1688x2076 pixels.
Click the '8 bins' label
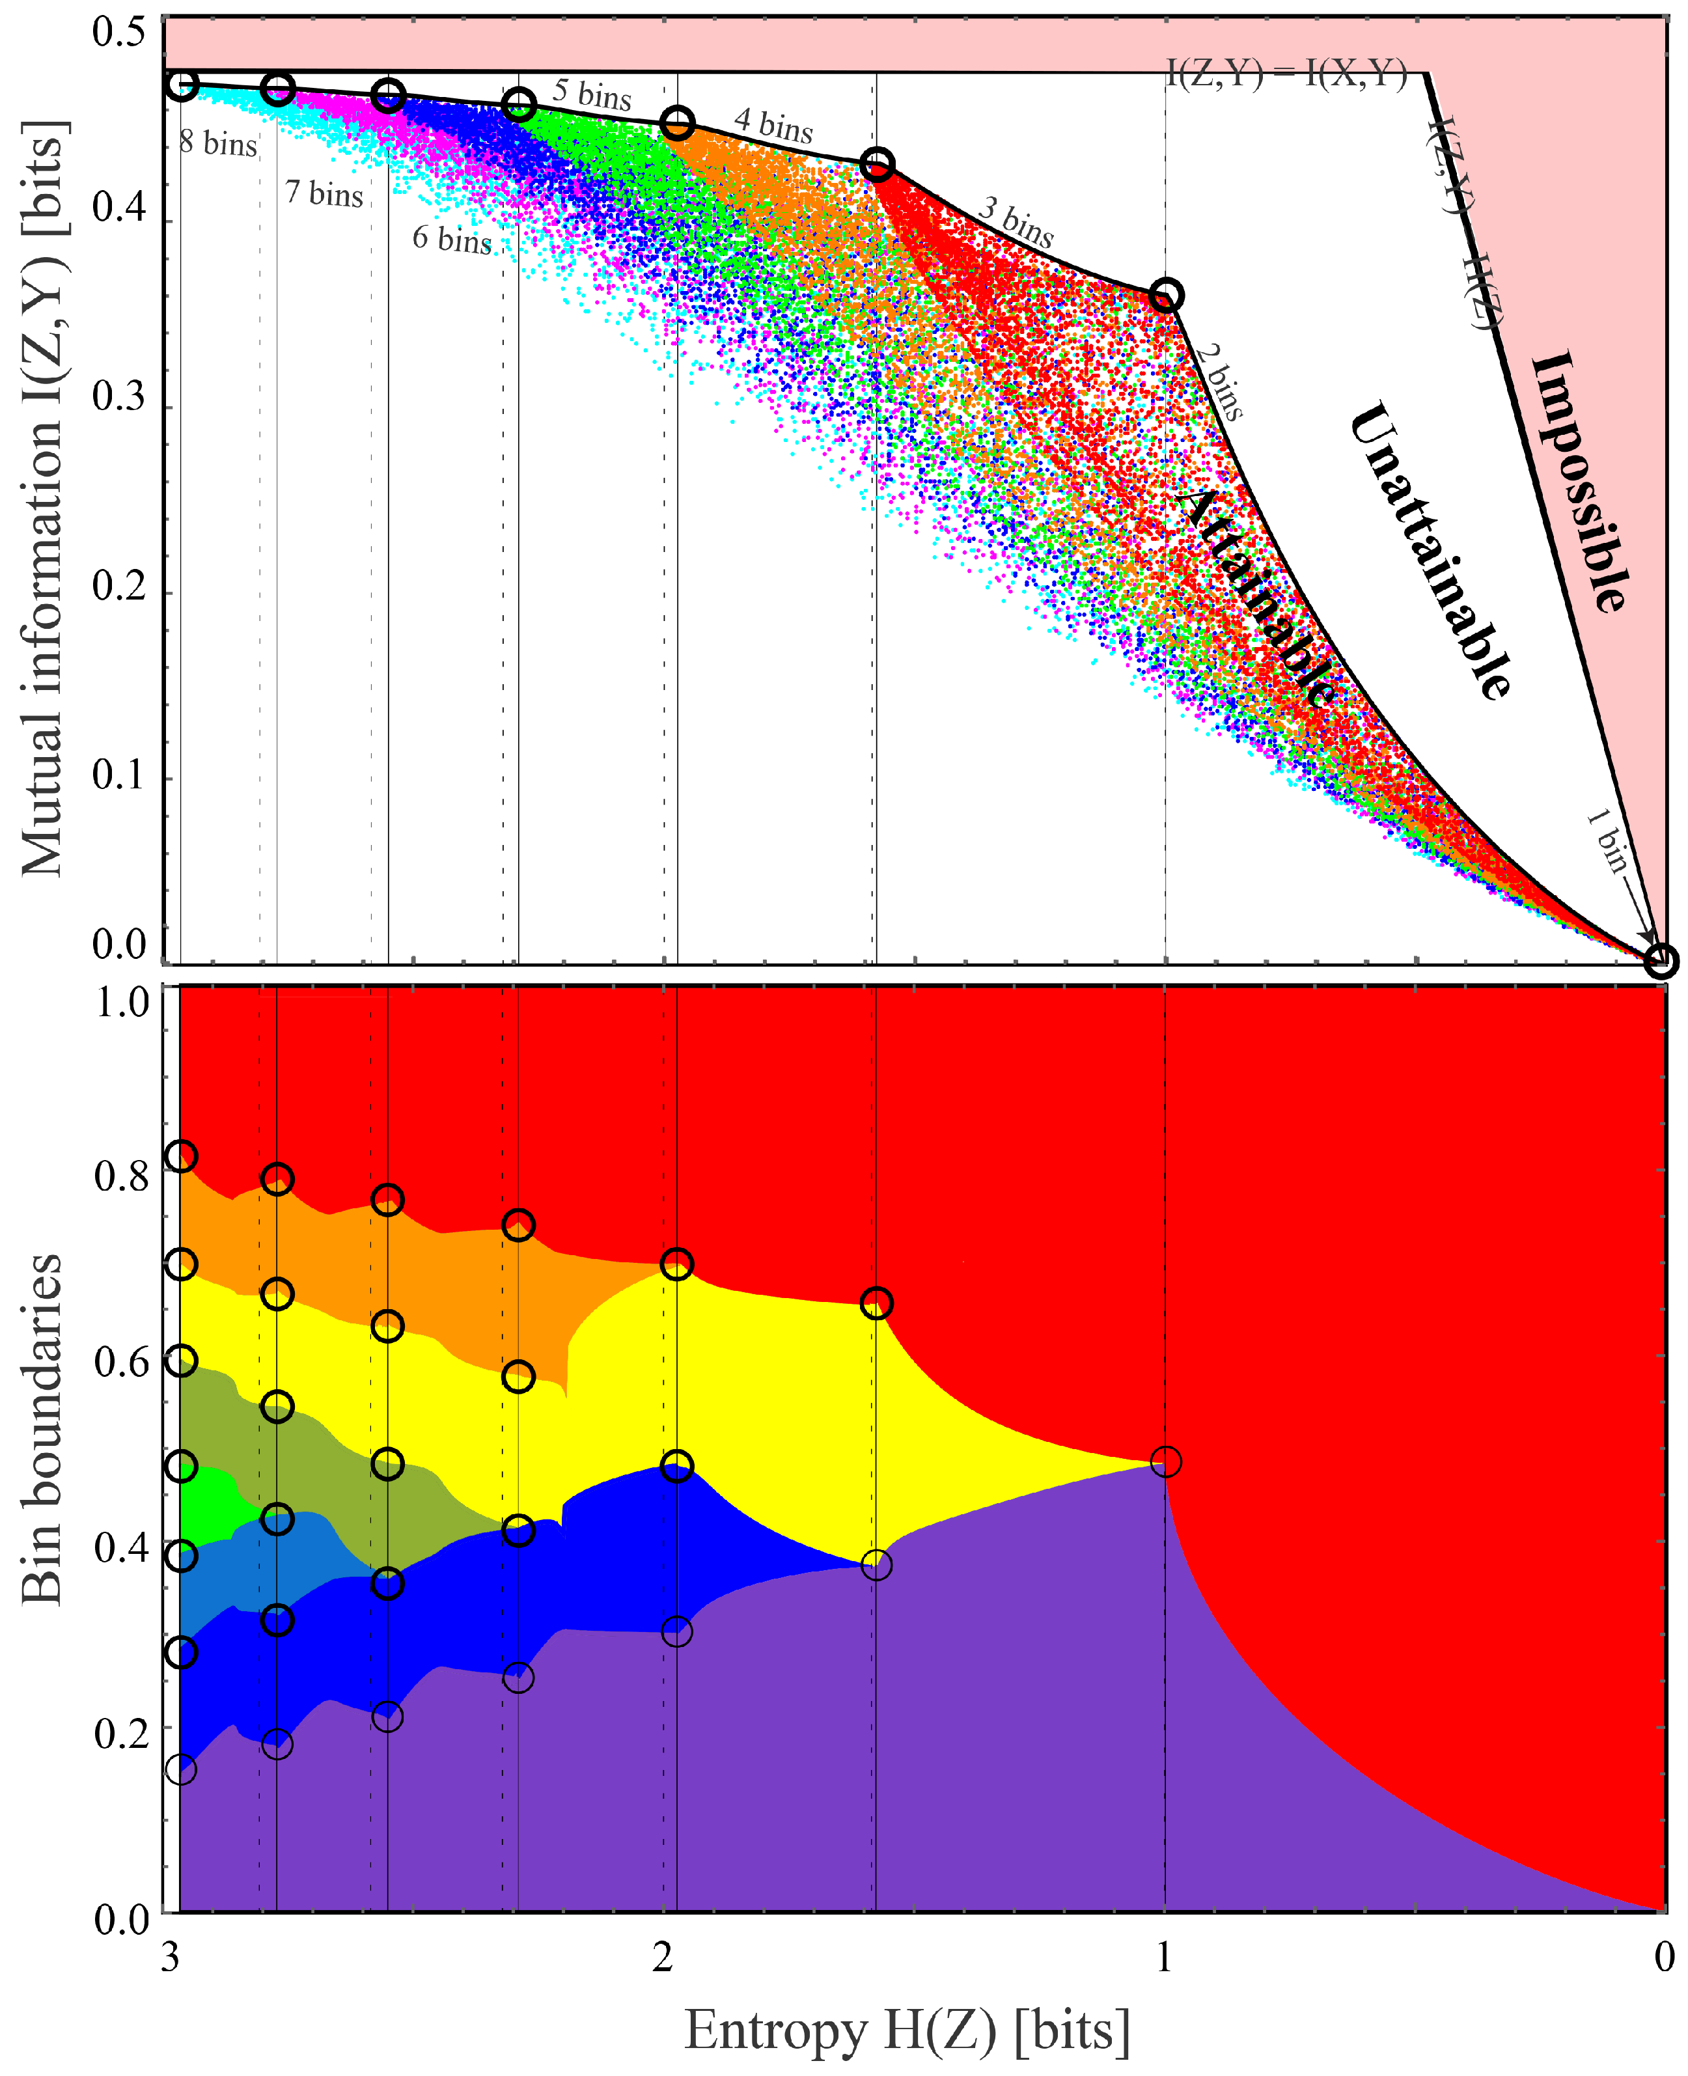tap(218, 144)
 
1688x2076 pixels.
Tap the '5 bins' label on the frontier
tap(592, 94)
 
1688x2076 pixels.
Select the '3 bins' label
tap(1016, 222)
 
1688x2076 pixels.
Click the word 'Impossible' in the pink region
tap(1579, 481)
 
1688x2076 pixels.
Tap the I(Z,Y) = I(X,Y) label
tap(1286, 74)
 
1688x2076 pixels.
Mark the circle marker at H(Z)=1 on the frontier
tap(1166, 295)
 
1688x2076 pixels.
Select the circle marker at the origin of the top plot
tap(1660, 961)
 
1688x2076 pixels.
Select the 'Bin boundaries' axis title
tap(42, 1430)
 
